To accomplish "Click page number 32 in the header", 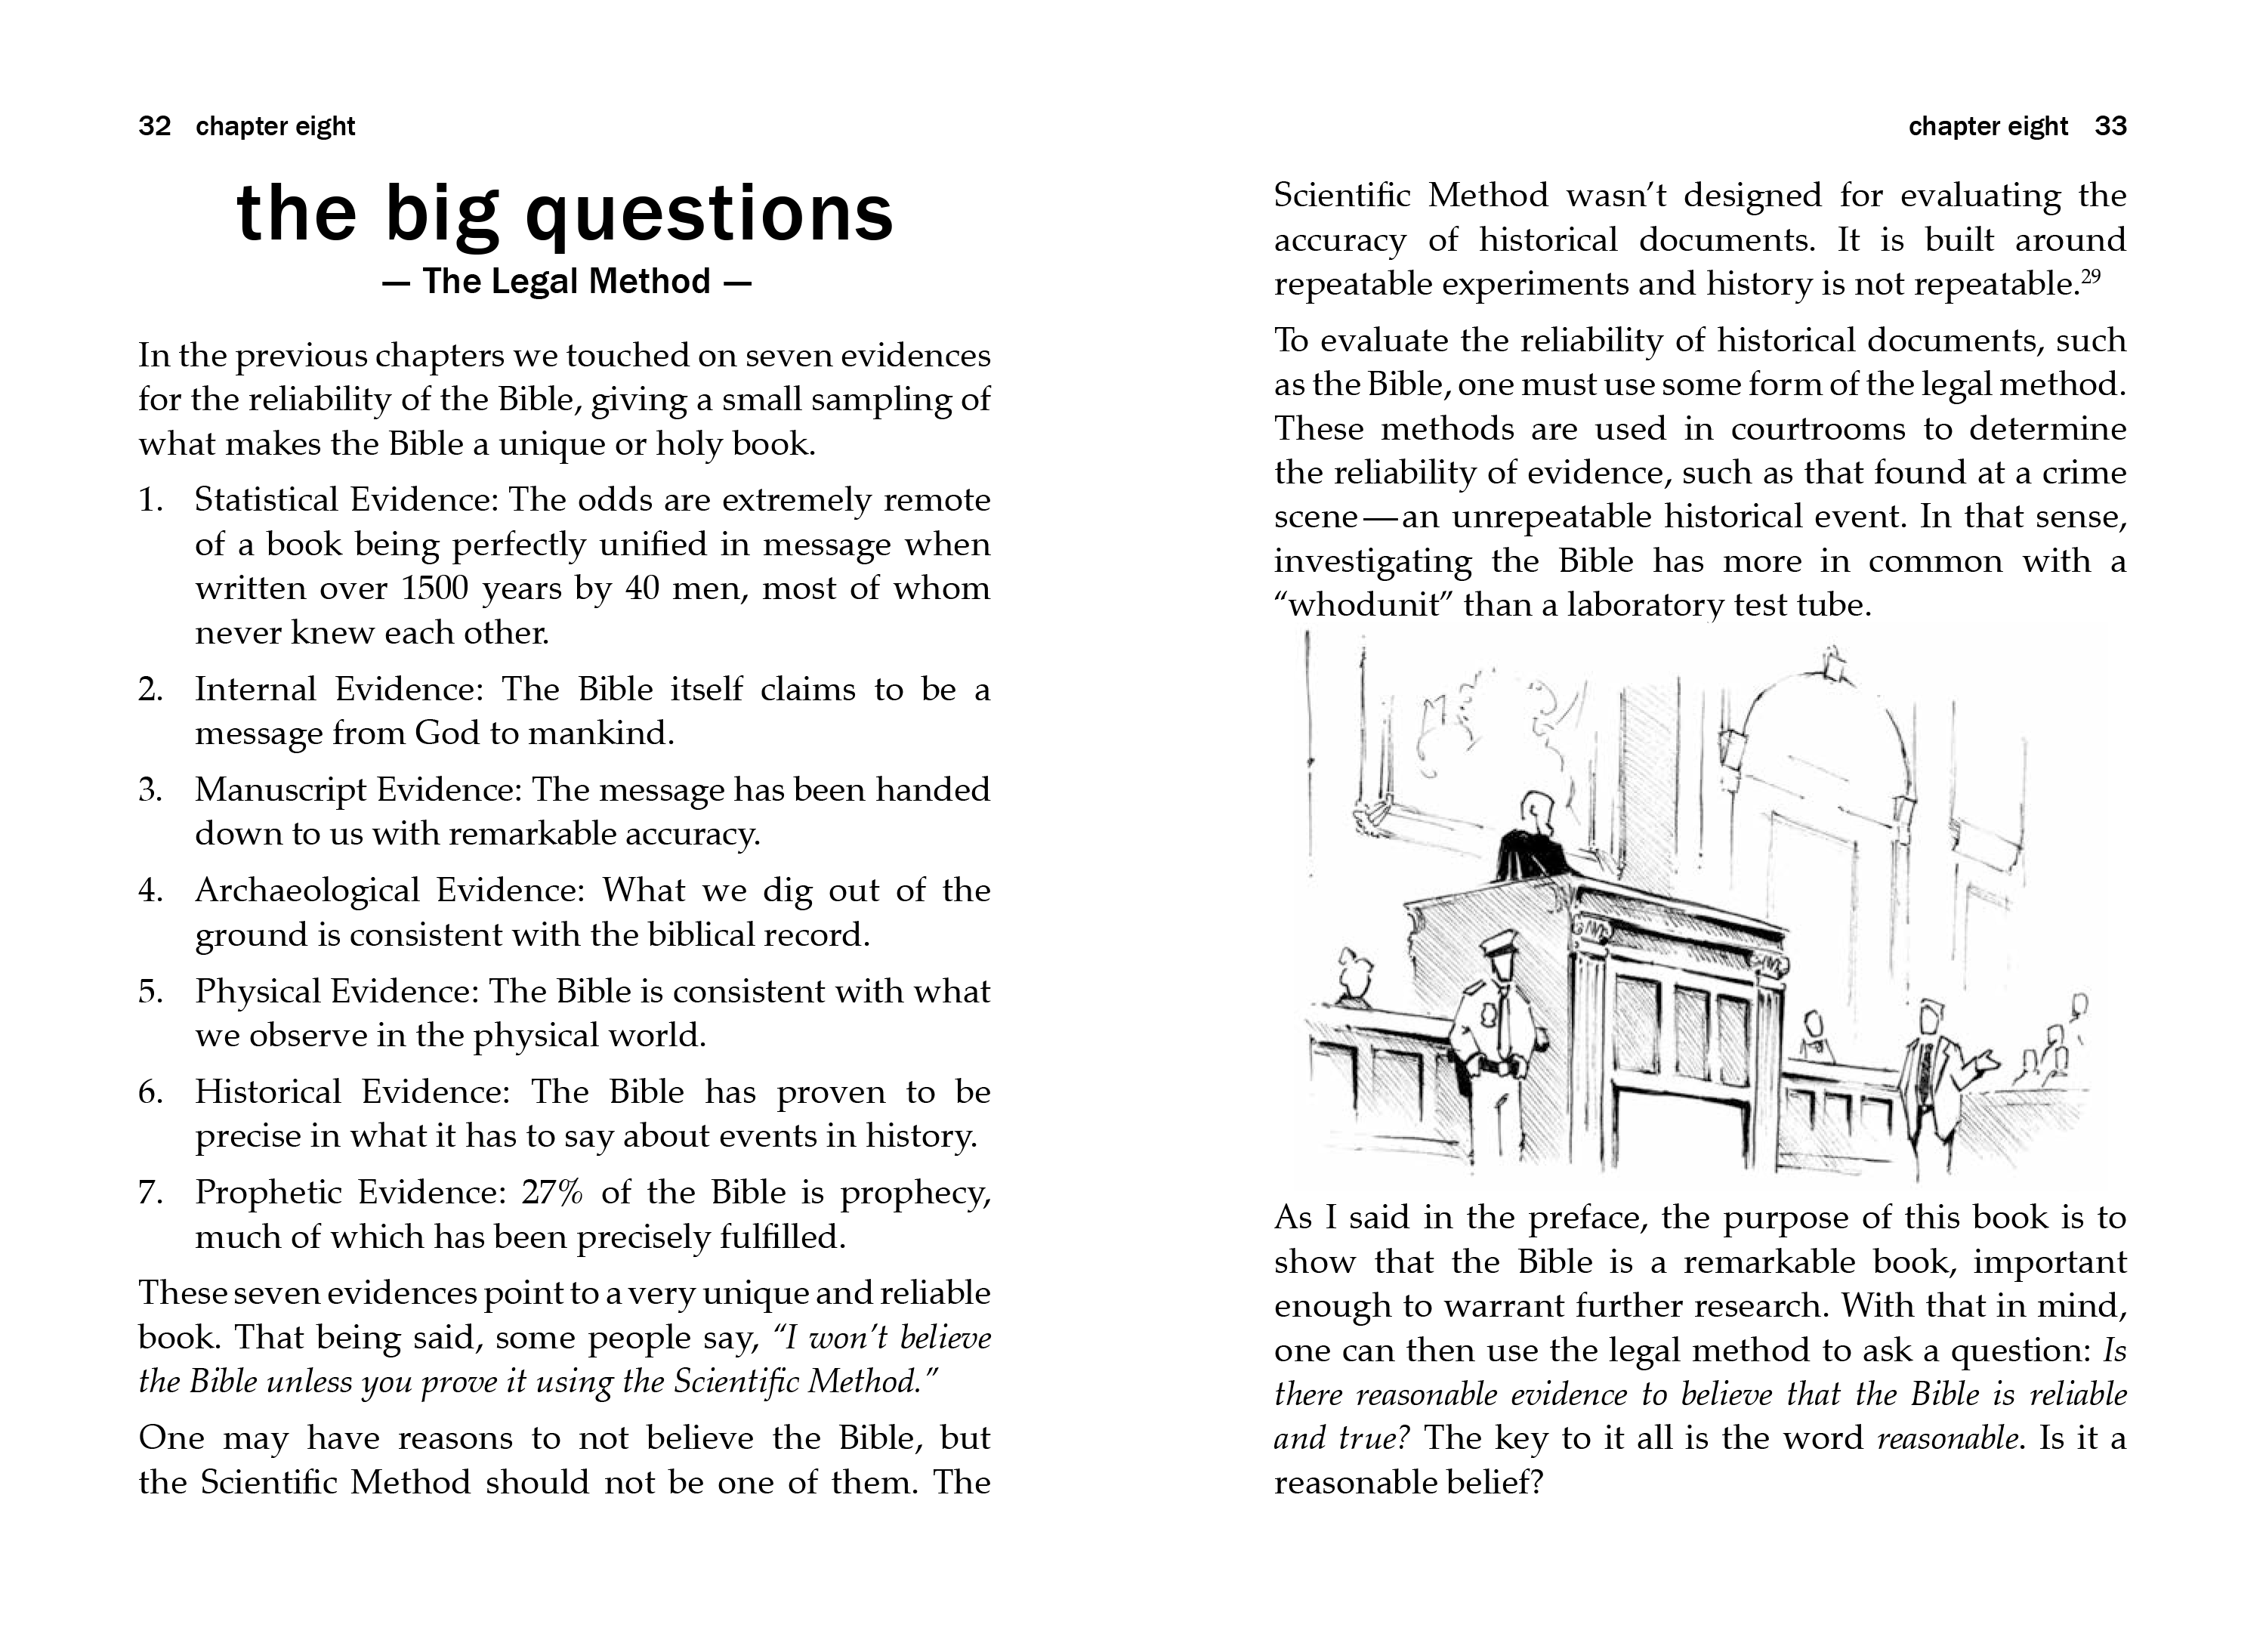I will click(x=155, y=127).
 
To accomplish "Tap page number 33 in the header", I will click(x=2110, y=127).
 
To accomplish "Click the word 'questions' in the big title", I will click(x=709, y=214).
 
